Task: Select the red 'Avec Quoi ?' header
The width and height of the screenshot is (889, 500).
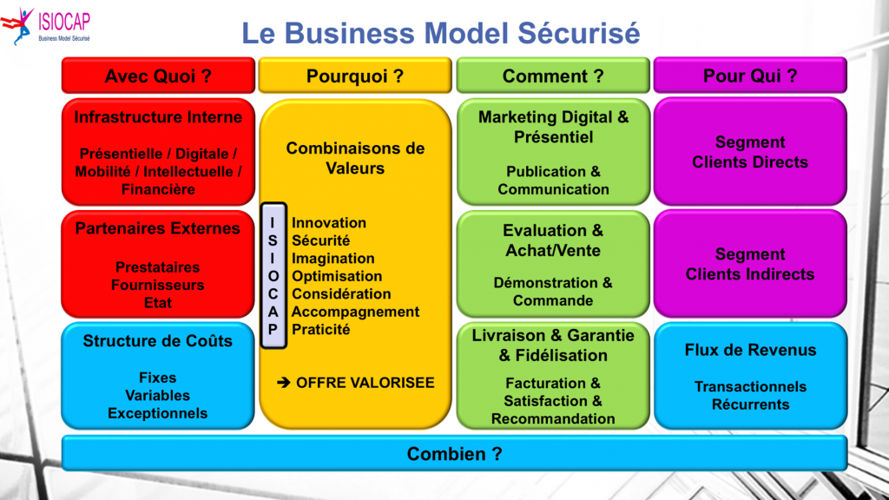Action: tap(158, 76)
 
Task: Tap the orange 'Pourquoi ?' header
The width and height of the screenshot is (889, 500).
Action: tap(355, 76)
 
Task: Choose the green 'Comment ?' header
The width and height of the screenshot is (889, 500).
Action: tap(553, 76)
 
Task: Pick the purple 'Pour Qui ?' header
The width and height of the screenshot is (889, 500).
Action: tap(750, 76)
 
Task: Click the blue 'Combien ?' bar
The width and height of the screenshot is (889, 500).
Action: tap(454, 453)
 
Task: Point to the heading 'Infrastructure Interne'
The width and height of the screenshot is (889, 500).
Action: tap(158, 117)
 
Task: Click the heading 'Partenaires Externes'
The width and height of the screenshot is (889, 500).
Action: tap(158, 229)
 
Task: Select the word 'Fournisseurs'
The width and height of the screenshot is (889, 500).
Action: tap(158, 285)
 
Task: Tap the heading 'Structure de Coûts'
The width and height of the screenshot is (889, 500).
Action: tap(158, 341)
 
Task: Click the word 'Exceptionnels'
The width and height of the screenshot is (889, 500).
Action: tap(158, 413)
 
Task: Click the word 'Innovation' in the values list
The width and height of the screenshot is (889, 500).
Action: tap(329, 223)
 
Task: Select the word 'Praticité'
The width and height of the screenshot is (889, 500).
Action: tap(321, 330)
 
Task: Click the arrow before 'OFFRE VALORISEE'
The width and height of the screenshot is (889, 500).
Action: tap(283, 383)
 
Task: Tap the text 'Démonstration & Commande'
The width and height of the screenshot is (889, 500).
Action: tap(553, 292)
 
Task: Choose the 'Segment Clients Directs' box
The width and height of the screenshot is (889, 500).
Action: tap(750, 152)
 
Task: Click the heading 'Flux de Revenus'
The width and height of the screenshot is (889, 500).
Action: tap(750, 350)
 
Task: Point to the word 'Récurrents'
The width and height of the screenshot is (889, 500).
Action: tap(750, 405)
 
